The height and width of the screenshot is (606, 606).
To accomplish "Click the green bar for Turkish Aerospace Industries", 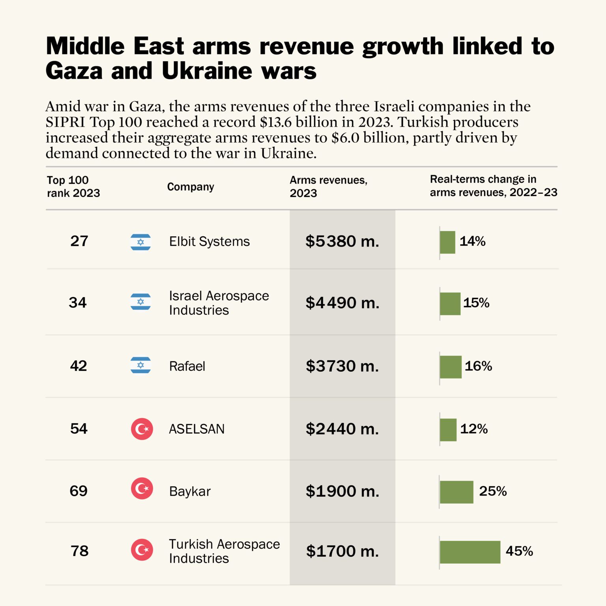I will coord(470,552).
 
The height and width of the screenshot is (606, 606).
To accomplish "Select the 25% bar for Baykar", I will coord(456,492).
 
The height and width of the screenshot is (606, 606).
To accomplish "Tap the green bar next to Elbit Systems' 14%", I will coord(447,242).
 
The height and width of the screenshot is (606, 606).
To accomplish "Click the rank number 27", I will coord(79,241).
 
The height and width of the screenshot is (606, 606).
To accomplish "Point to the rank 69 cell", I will coord(79,491).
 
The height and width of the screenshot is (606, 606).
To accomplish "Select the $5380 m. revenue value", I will coord(342,241).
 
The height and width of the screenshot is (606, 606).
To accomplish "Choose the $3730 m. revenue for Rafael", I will coord(342,366).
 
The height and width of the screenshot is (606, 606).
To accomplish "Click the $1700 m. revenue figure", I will coord(342,551).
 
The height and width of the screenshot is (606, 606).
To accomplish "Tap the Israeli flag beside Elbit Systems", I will coord(140,242).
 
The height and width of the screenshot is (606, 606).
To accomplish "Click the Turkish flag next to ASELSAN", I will coord(142,429).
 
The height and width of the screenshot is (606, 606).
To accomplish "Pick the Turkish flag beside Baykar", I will coord(142,488).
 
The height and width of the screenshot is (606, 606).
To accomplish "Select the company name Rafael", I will coord(187,366).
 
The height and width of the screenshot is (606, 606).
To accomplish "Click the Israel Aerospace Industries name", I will coord(219,303).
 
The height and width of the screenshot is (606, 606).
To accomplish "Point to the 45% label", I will coord(519,551).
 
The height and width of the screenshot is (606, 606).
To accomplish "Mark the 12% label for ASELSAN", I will coord(474,429).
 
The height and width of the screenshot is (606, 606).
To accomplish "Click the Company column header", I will coord(191,187).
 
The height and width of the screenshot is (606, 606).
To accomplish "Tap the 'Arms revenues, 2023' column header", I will coord(328,187).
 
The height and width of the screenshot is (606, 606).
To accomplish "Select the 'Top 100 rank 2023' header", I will coord(73,187).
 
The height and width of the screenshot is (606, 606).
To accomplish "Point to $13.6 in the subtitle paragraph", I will coord(276,122).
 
